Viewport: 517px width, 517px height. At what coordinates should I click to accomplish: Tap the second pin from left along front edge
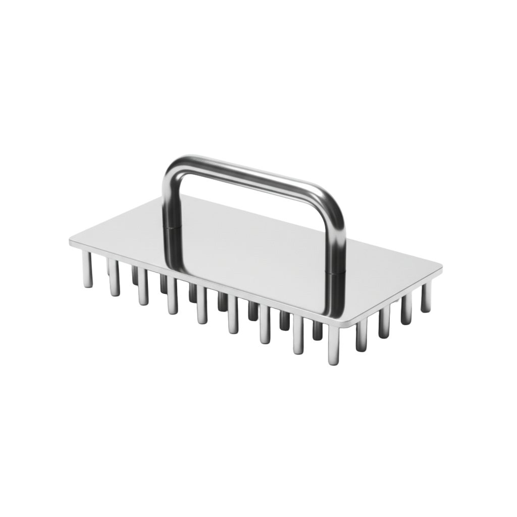click(114, 278)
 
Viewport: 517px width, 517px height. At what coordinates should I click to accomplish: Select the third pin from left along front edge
click(143, 287)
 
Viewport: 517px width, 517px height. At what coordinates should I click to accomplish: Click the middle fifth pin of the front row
click(202, 305)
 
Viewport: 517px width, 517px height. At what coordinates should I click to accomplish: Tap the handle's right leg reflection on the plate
click(331, 298)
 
